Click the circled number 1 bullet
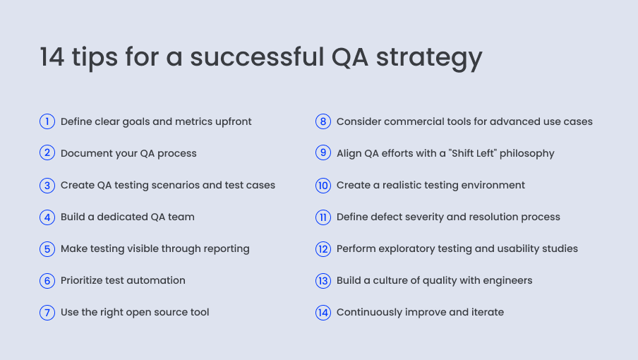click(47, 121)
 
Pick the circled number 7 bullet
click(47, 312)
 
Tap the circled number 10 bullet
click(323, 185)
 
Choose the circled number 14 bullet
click(323, 312)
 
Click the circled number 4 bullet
click(47, 217)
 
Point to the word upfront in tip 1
click(230, 121)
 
